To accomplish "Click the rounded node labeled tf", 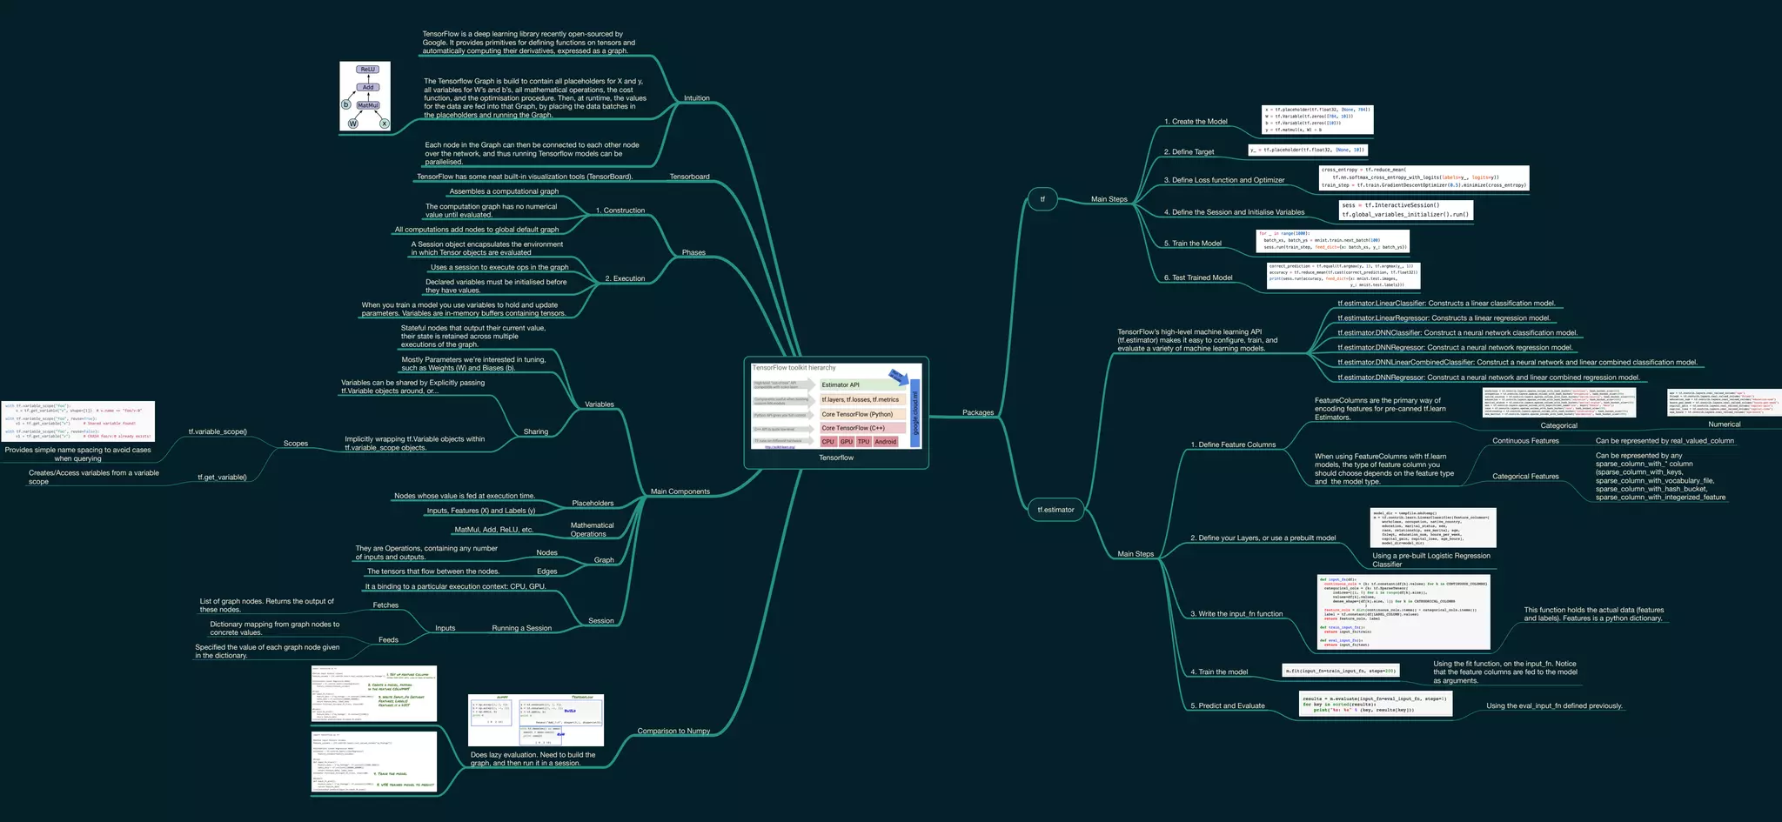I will [1042, 199].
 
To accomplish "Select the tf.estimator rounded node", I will [1055, 510].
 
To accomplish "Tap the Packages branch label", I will [978, 412].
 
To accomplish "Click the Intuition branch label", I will [696, 98].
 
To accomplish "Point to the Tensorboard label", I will [689, 177].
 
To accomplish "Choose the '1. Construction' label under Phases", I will [620, 211].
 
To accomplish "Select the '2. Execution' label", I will [625, 278].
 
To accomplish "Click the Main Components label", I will [680, 491].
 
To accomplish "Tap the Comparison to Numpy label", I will [673, 731].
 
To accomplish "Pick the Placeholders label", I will [592, 503].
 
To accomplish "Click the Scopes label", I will [295, 444].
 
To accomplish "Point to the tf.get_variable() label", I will [222, 477].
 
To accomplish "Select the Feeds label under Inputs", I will [388, 639].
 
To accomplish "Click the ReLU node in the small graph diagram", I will [368, 70].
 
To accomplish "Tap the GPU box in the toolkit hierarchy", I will [846, 442].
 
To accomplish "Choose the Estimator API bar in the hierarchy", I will [841, 384].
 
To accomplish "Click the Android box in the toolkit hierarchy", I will [886, 442].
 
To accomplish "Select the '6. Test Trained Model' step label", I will [1197, 277].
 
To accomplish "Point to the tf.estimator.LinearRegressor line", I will [1444, 317].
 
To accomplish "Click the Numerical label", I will [1724, 424].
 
